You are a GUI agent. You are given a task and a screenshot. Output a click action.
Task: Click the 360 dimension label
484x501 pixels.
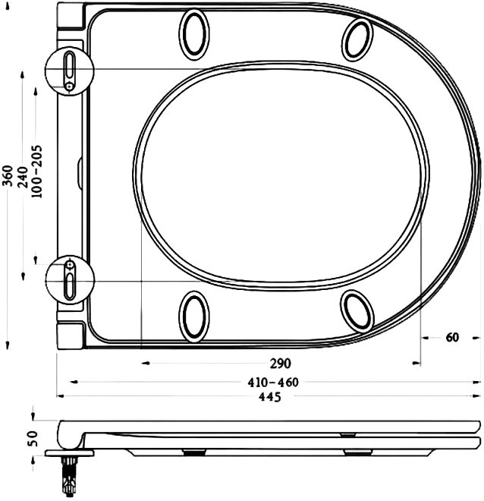[x=8, y=175]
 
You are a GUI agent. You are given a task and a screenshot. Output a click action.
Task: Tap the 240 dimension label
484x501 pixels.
[x=23, y=177]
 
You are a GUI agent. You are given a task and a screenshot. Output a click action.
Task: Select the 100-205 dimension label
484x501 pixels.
[x=36, y=172]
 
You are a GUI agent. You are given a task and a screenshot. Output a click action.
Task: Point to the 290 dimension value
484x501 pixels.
[x=281, y=364]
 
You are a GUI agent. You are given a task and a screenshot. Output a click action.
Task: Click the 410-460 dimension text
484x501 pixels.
[x=273, y=382]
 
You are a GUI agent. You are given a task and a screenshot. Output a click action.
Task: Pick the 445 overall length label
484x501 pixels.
[x=270, y=397]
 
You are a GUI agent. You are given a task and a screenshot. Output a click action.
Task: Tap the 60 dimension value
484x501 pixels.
[x=451, y=337]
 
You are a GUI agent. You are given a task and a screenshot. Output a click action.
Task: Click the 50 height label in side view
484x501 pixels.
[x=33, y=439]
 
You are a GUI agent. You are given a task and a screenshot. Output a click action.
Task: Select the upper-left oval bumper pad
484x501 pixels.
[x=194, y=34]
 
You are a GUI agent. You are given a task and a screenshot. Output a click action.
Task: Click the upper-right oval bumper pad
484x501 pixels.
[x=357, y=39]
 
